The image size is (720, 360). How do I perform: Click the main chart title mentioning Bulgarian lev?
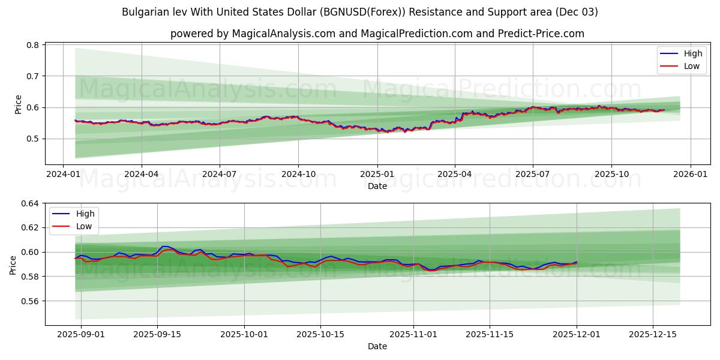(x=359, y=12)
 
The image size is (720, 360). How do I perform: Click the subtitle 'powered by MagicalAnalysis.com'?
(x=377, y=34)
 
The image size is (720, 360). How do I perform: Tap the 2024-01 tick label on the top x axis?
(x=63, y=174)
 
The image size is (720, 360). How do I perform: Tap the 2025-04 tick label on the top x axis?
(x=455, y=174)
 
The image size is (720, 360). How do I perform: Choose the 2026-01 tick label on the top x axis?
(x=690, y=174)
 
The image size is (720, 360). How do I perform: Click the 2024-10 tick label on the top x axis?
(x=298, y=174)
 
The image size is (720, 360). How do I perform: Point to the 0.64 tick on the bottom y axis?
(x=30, y=203)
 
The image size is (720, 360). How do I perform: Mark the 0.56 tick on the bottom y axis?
(x=30, y=301)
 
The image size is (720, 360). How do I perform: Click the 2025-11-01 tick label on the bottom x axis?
(x=413, y=334)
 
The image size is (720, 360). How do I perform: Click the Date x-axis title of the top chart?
(x=377, y=186)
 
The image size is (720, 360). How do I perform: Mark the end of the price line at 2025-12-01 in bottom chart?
(x=577, y=262)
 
